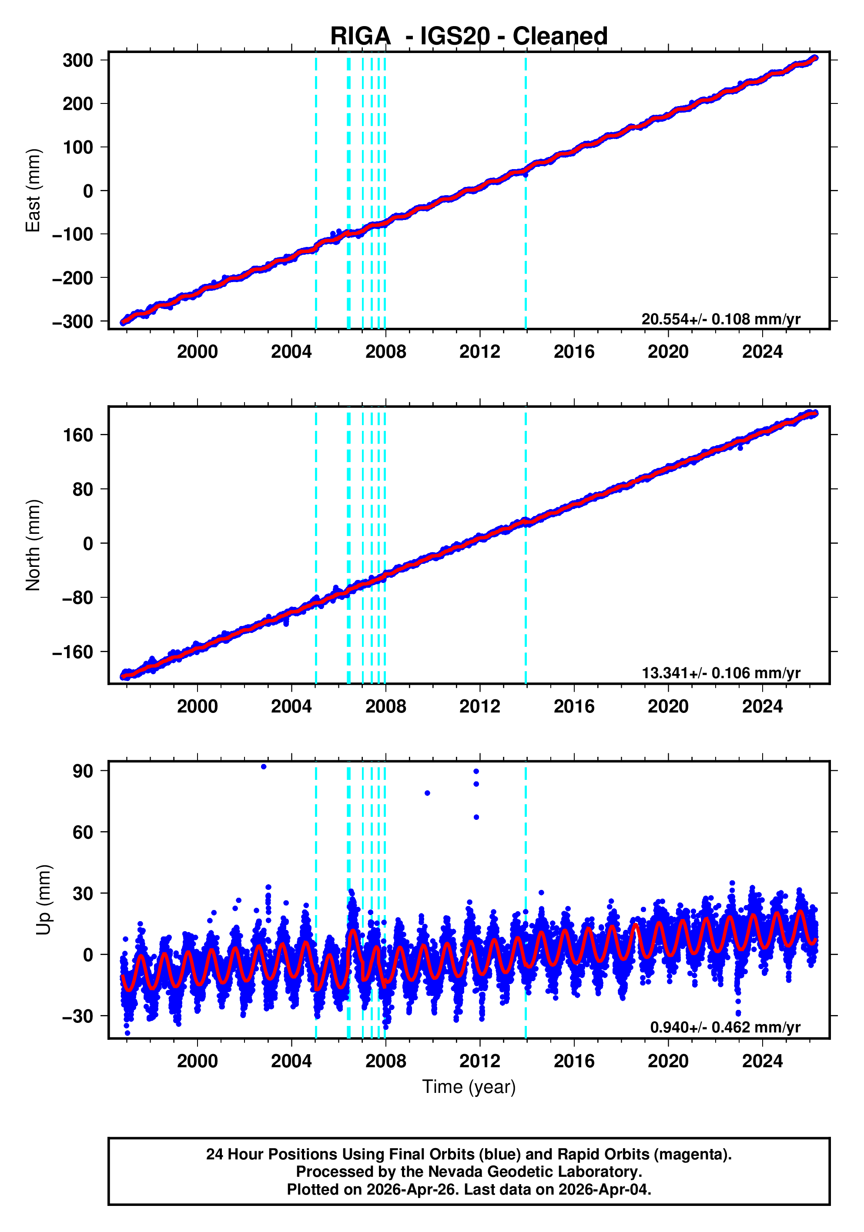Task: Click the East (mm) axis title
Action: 33,190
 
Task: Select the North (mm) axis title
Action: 33,545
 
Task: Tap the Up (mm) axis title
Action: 44,899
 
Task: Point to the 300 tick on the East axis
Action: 78,60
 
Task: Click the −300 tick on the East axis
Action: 73,321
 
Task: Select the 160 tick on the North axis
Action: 78,435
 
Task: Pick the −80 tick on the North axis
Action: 75,597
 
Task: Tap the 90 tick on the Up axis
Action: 83,771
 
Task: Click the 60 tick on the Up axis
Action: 83,832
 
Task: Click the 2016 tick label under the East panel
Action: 573,352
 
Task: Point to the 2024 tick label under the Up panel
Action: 762,1061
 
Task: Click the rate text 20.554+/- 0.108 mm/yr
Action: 720,319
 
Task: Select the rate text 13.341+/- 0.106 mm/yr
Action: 720,673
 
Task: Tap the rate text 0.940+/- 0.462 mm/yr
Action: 725,1027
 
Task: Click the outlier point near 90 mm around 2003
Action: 263,767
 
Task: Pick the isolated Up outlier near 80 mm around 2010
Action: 427,793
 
